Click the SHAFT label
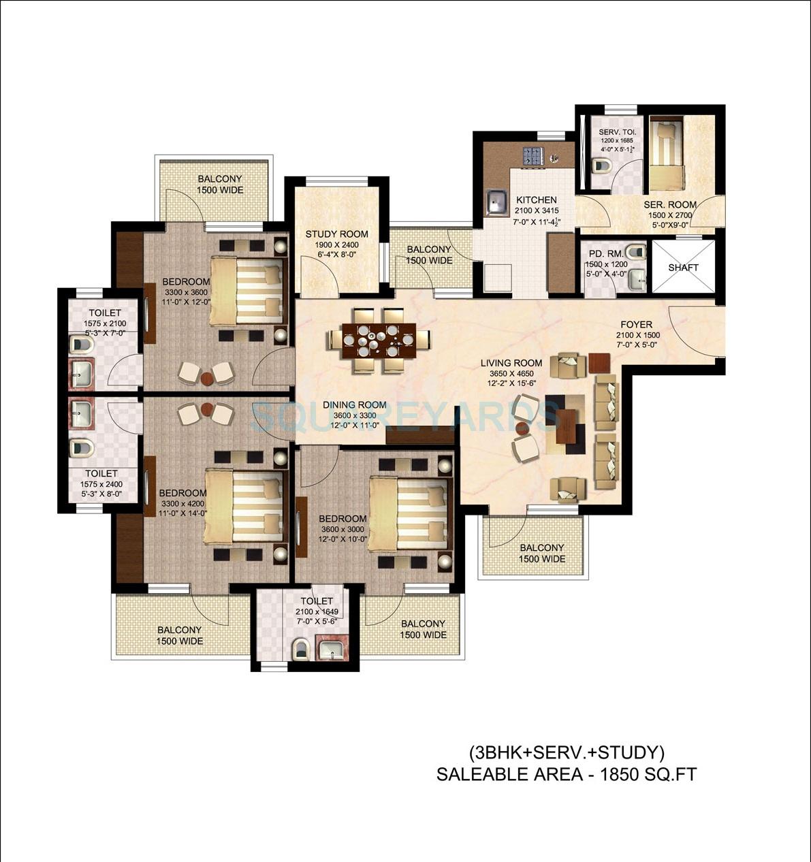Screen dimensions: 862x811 click(683, 268)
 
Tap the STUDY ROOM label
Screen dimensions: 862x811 click(336, 234)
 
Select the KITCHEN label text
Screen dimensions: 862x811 click(536, 200)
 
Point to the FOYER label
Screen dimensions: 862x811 click(636, 325)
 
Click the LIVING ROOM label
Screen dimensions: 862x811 click(511, 364)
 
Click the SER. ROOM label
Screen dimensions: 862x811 click(670, 204)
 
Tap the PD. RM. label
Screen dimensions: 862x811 click(603, 253)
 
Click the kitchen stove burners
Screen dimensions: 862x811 click(532, 157)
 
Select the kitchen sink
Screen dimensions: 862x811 click(496, 202)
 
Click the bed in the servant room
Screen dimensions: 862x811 click(666, 155)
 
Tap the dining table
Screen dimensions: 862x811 click(379, 339)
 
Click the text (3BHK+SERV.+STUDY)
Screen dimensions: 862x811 click(566, 753)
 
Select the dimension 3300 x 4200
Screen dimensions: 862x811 click(182, 503)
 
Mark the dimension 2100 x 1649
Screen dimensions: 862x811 click(317, 612)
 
